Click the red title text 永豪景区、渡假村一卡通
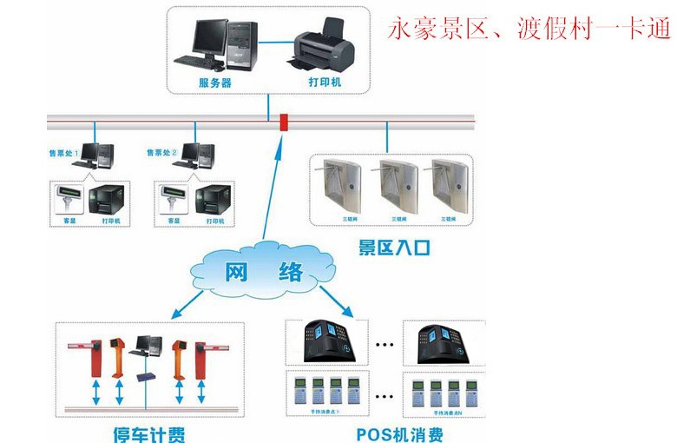coord(529,30)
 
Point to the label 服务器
coord(215,83)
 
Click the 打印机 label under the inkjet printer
coord(324,83)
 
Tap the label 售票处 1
coord(62,153)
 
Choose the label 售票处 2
coord(161,153)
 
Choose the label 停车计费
coord(149,433)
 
